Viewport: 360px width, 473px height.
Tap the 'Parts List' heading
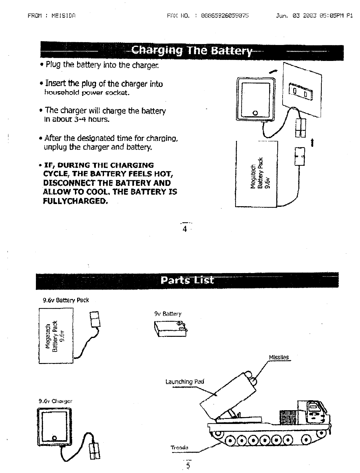(187, 280)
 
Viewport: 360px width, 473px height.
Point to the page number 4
(185, 229)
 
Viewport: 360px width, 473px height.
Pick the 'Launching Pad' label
(184, 381)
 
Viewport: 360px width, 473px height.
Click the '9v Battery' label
(168, 314)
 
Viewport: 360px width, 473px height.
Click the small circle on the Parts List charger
(54, 437)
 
